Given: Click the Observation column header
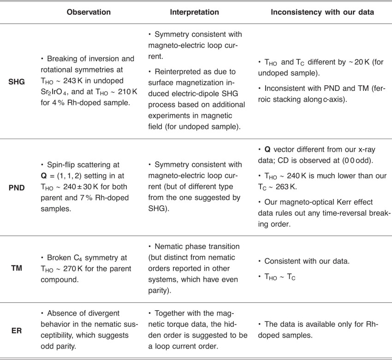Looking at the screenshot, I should click(89, 12).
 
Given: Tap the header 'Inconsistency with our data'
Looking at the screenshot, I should click(322, 12).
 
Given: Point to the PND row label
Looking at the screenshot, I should click(15, 188).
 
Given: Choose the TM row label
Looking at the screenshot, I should click(15, 270).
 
